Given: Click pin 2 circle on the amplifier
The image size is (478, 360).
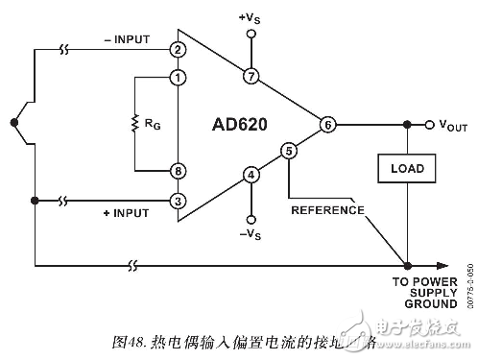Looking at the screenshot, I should (178, 48).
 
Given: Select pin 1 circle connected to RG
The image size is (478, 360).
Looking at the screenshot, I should (178, 77).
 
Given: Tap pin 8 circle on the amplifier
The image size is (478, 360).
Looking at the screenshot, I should (178, 170).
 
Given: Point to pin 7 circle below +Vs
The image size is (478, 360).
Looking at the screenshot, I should (251, 76).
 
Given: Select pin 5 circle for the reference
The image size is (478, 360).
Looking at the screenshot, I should (289, 151).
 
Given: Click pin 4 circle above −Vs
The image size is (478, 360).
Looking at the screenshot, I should (251, 174).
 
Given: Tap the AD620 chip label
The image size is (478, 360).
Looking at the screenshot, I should (240, 125).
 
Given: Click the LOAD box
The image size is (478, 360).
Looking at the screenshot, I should (407, 169).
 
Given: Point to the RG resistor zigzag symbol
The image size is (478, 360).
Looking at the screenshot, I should (135, 123).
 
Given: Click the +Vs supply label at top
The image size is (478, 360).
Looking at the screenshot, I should (251, 18).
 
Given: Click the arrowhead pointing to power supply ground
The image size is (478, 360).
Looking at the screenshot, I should (444, 266).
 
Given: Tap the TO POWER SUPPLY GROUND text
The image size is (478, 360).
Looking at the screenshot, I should (422, 292).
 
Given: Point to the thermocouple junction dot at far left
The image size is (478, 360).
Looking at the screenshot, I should (12, 121).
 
